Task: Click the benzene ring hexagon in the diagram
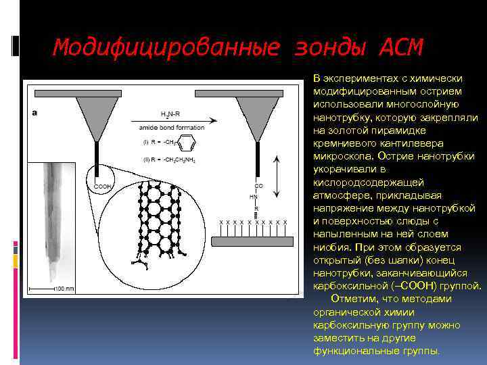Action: point(190,144)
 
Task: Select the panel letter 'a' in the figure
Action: point(34,113)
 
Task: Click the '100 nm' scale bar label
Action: point(64,289)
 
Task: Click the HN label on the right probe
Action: point(254,196)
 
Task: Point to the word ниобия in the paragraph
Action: point(328,247)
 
